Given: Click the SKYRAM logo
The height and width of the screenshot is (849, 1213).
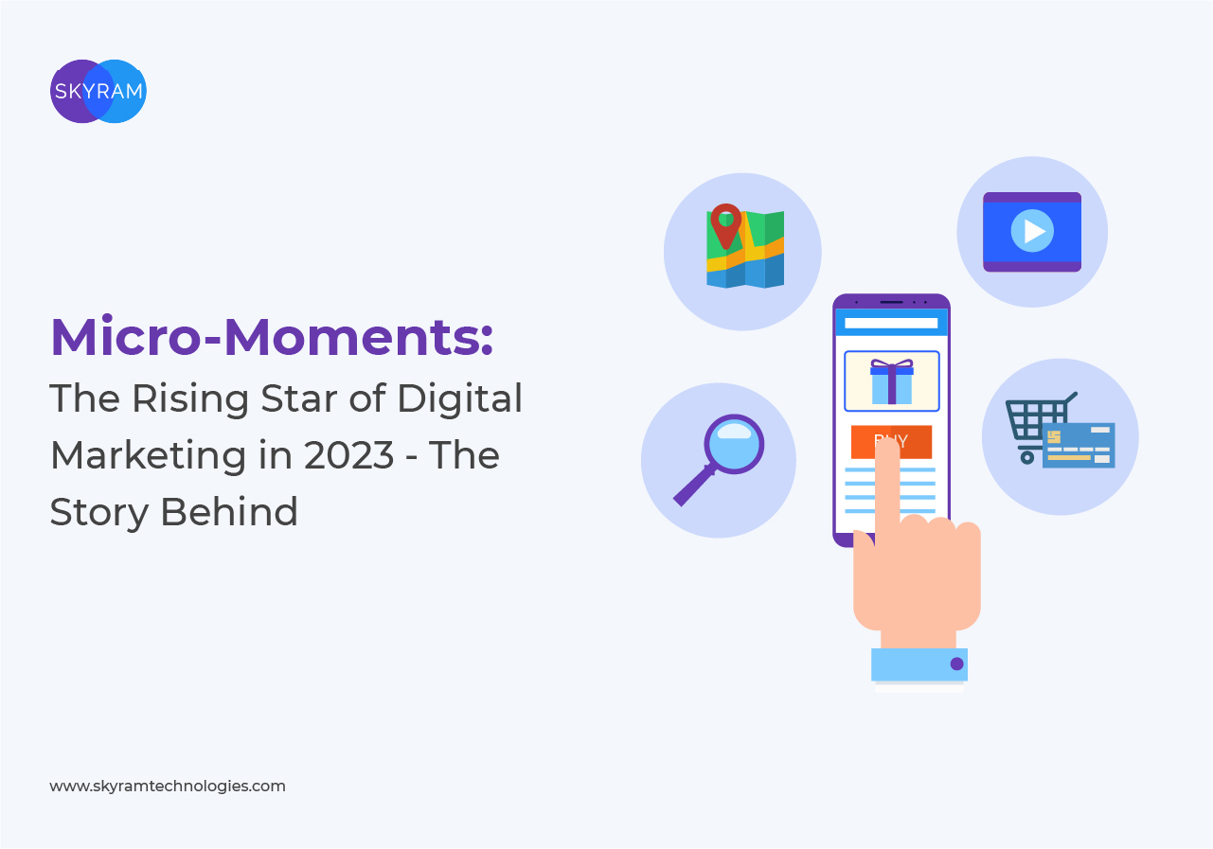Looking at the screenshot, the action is [x=98, y=92].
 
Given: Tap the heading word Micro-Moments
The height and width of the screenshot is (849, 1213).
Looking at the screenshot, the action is [x=272, y=337].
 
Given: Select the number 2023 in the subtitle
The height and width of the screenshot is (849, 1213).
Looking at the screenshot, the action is [x=348, y=455].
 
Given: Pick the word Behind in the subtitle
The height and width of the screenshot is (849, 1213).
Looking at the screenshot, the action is [x=229, y=512].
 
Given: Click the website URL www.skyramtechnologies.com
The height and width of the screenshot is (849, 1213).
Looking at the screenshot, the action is [x=168, y=786].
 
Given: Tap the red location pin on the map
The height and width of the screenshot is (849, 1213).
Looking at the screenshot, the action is [x=726, y=224].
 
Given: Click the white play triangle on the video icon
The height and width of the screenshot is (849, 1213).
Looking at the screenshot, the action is [x=1034, y=232].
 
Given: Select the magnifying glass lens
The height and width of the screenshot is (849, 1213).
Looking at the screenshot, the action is [x=734, y=444].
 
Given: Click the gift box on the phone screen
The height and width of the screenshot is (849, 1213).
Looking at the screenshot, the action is [x=891, y=381].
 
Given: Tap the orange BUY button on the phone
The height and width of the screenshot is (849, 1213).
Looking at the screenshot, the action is [x=891, y=442].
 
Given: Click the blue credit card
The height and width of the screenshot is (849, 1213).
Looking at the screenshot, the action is [x=1079, y=445].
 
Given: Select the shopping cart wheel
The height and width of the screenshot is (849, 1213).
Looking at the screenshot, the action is [x=1026, y=457].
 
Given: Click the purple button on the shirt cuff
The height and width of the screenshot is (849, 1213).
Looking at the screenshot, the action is [x=957, y=663].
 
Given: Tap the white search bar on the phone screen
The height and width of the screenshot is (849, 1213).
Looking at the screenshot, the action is [x=891, y=323].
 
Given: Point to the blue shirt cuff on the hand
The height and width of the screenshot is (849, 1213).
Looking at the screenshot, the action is [x=919, y=664].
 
